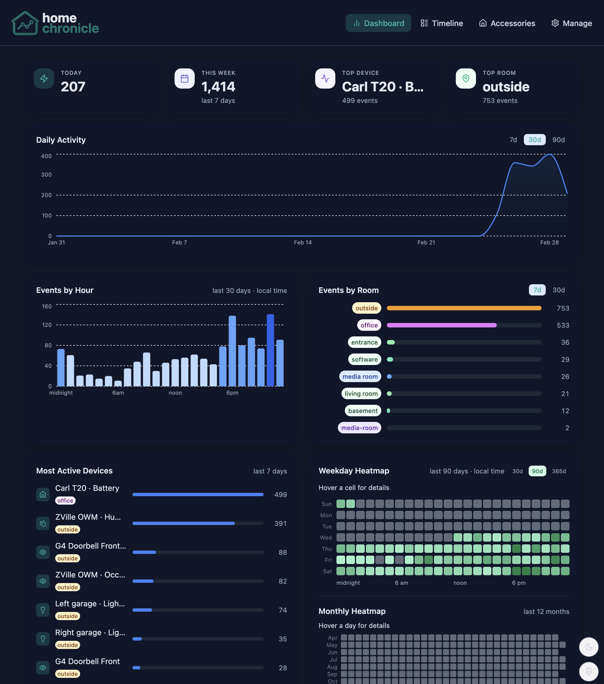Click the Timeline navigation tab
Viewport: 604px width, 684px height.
[442, 23]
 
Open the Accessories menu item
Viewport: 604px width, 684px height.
[507, 23]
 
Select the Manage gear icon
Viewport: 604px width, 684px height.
[555, 23]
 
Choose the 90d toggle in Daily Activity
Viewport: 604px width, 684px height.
[558, 140]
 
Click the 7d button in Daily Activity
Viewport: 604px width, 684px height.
[513, 140]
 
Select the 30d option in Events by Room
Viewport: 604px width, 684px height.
[558, 290]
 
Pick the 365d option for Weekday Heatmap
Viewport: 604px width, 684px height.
[559, 471]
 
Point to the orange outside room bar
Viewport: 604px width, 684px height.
[464, 308]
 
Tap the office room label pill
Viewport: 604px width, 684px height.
[369, 325]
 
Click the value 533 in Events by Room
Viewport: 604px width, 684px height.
[563, 325]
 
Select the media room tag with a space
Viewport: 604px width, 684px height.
[360, 376]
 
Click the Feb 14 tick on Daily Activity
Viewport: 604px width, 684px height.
[303, 242]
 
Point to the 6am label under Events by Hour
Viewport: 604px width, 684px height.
[118, 392]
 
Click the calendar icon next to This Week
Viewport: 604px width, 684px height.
[185, 79]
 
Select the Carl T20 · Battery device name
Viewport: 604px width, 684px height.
[87, 488]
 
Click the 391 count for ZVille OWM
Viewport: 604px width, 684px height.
[280, 523]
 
